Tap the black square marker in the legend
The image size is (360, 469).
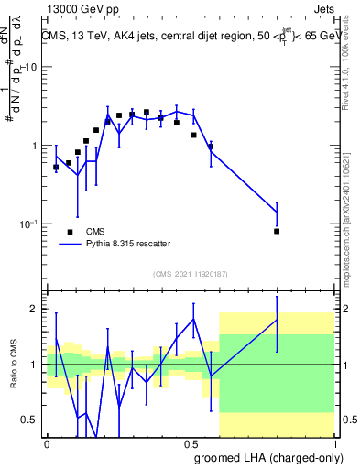tap(70, 231)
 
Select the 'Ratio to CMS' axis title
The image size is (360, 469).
tap(15, 365)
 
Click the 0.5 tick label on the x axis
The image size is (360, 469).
tap(191, 442)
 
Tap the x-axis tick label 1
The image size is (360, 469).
tap(335, 442)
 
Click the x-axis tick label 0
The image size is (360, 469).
tap(47, 442)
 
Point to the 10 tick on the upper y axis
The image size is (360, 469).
tap(29, 68)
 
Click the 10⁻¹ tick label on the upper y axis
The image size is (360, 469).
tap(27, 224)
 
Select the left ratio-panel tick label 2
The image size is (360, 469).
tap(34, 309)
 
